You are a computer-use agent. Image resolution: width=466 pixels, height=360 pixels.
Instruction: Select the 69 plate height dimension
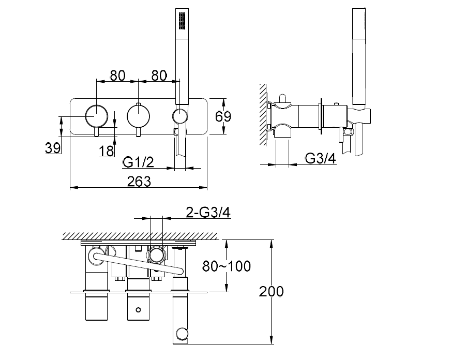(223, 116)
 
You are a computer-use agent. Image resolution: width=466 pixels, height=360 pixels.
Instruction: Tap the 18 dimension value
(106, 151)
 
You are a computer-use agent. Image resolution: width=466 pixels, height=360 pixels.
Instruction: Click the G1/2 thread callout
(138, 162)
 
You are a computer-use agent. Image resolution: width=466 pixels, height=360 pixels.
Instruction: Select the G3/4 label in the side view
(320, 158)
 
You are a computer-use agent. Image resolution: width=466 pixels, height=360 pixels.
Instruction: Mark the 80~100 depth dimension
(226, 266)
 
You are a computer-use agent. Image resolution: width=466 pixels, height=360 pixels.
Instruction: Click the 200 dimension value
(271, 291)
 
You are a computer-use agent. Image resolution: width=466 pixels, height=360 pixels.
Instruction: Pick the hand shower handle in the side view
(358, 57)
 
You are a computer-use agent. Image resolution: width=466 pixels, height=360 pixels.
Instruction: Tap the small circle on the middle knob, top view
(138, 310)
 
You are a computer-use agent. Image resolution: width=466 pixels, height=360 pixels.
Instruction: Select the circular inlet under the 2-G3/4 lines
(156, 254)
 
